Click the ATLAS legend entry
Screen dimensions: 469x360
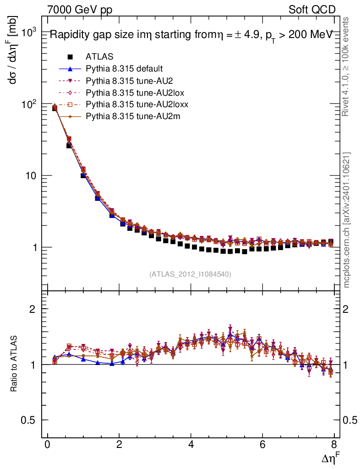(x=99, y=57)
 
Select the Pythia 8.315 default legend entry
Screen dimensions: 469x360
(x=124, y=69)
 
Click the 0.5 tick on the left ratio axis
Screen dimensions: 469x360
(x=29, y=420)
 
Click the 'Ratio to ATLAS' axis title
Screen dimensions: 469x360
(x=15, y=365)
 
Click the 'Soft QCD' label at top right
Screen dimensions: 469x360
(x=312, y=9)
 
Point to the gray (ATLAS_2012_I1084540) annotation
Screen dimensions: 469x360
(x=190, y=274)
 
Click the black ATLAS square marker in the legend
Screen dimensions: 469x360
(x=70, y=57)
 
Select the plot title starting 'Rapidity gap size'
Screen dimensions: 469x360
(x=190, y=35)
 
